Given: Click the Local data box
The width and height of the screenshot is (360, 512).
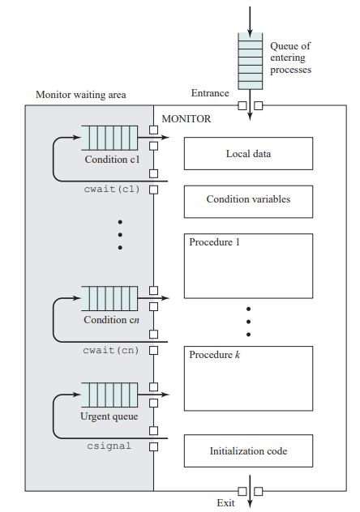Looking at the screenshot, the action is tap(248, 153).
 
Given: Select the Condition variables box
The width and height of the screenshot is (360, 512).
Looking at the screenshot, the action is tap(248, 202).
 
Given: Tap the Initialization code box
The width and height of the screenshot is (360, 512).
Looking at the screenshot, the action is tap(248, 450).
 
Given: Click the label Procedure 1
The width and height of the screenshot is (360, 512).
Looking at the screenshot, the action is tap(214, 242).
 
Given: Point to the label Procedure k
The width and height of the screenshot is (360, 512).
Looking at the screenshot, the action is tap(214, 355).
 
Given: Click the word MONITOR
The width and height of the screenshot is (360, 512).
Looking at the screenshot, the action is tap(186, 119).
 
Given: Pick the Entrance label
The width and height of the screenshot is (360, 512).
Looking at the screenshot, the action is tap(210, 93).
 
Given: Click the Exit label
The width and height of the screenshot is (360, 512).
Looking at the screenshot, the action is tap(225, 502).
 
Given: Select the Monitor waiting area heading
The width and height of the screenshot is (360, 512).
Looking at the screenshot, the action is tap(81, 95).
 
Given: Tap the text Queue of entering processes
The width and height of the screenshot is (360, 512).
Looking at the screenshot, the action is tap(290, 58).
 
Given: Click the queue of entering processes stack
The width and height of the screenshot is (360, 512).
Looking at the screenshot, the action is tap(251, 61).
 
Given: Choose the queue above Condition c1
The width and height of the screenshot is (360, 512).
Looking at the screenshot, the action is tap(109, 138).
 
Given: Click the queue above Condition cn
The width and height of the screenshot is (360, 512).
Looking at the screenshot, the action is tap(109, 298).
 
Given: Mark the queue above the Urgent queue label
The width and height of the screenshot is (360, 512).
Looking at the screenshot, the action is tap(109, 395).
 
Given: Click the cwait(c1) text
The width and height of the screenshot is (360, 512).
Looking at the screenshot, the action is tap(112, 190).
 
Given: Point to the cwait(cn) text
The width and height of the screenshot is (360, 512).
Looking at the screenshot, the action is tap(111, 350).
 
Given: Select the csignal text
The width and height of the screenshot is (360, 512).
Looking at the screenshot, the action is tap(109, 446).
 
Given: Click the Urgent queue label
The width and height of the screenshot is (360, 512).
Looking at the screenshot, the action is tap(109, 416).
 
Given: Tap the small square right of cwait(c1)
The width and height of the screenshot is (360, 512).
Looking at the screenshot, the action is tap(153, 190).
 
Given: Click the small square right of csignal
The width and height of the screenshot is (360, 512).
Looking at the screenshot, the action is tap(153, 446).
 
